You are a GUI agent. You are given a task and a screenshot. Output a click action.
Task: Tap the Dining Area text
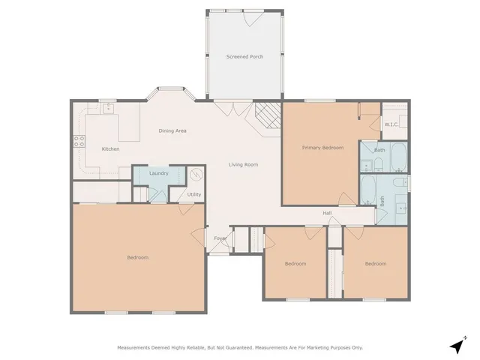pos(172,131)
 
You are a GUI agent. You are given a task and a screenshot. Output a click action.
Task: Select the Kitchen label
pos(111,149)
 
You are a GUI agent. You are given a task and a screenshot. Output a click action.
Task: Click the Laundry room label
pos(158,173)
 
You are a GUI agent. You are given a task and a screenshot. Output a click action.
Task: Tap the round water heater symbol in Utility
pos(196,175)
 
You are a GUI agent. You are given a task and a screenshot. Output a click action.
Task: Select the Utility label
pos(194,195)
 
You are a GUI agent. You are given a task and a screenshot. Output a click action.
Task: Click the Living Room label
pos(244,164)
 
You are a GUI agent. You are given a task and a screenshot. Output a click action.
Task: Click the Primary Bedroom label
pos(322,148)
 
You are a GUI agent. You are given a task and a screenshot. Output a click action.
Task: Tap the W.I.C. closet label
pos(391,124)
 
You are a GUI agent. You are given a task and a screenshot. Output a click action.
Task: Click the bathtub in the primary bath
pos(397,157)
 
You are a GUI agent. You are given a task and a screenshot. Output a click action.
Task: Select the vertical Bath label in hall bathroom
pos(382,201)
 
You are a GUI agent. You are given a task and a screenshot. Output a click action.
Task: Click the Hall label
pos(327,214)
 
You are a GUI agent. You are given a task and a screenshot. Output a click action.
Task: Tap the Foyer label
pos(220,239)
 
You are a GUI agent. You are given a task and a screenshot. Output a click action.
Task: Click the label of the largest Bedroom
pos(137,257)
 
